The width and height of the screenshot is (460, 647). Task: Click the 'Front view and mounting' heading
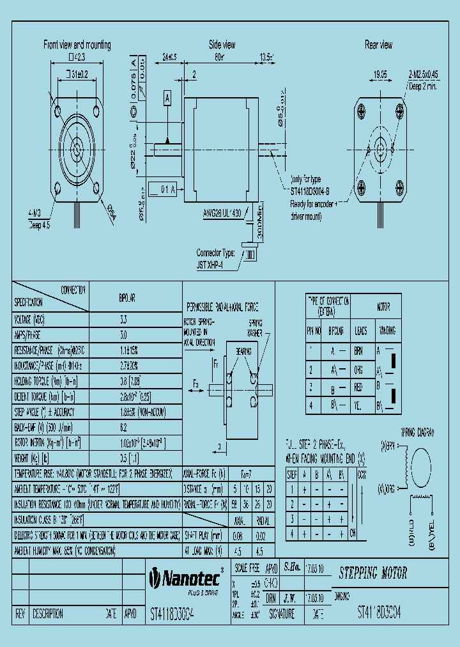pos(77,45)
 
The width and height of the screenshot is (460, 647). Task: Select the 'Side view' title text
pos(222,45)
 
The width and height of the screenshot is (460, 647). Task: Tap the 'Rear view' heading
pos(378,45)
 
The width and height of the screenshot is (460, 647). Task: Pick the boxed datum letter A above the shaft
pos(167,98)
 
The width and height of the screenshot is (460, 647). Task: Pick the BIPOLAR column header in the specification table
pos(127,298)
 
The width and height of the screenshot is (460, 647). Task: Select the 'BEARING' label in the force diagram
pos(243,352)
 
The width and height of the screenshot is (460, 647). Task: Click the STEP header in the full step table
pos(292,474)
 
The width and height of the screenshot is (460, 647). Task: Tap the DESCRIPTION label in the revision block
pos(47,614)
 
